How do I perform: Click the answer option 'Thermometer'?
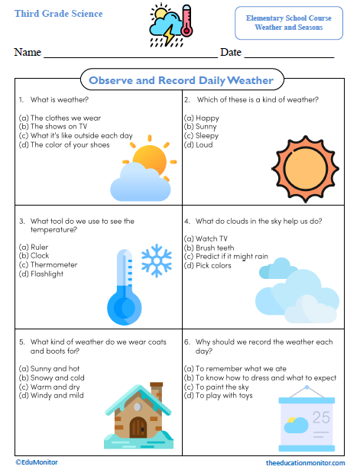[54, 264]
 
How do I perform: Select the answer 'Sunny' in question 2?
[203, 127]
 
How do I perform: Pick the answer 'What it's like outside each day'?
[76, 136]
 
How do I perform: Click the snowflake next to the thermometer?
[157, 260]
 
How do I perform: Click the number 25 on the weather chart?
[321, 417]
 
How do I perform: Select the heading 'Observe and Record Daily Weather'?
[180, 80]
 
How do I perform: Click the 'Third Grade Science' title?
[58, 14]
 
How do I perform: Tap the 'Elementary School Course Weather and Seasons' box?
[289, 22]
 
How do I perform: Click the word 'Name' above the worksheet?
[28, 53]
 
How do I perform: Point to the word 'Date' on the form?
[230, 53]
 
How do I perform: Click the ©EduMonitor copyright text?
[37, 462]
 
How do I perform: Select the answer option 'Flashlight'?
[47, 274]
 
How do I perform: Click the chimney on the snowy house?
[156, 390]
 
